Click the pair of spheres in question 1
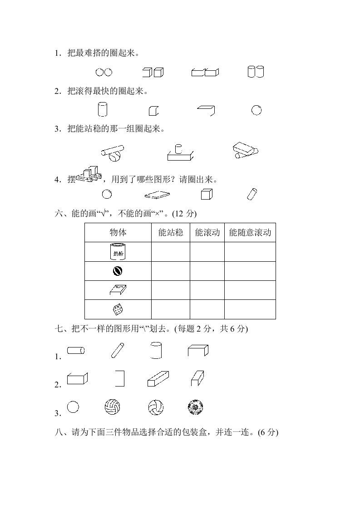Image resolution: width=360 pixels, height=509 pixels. [104, 72]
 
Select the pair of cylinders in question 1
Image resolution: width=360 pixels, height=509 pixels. [256, 72]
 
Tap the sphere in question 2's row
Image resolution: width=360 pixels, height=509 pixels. [256, 110]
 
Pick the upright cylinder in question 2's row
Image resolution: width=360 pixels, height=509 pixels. [103, 110]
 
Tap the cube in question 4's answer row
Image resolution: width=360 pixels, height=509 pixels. [207, 194]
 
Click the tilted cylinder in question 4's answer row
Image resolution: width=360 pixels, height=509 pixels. [252, 194]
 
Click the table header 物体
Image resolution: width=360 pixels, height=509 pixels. [118, 233]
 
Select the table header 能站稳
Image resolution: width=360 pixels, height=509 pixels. [171, 233]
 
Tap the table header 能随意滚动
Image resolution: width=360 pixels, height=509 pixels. [250, 233]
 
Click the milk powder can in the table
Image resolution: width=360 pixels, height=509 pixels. [118, 252]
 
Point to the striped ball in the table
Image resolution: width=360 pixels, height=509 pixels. [118, 271]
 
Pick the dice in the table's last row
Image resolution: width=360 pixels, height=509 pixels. [118, 309]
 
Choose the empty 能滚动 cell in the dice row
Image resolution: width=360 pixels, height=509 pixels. [207, 309]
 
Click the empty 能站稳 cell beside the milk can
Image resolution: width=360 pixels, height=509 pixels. [171, 252]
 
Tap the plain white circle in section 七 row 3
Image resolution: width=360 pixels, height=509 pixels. [73, 407]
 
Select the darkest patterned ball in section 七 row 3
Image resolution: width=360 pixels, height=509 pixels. [195, 407]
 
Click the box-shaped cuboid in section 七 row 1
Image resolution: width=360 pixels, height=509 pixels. [198, 350]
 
